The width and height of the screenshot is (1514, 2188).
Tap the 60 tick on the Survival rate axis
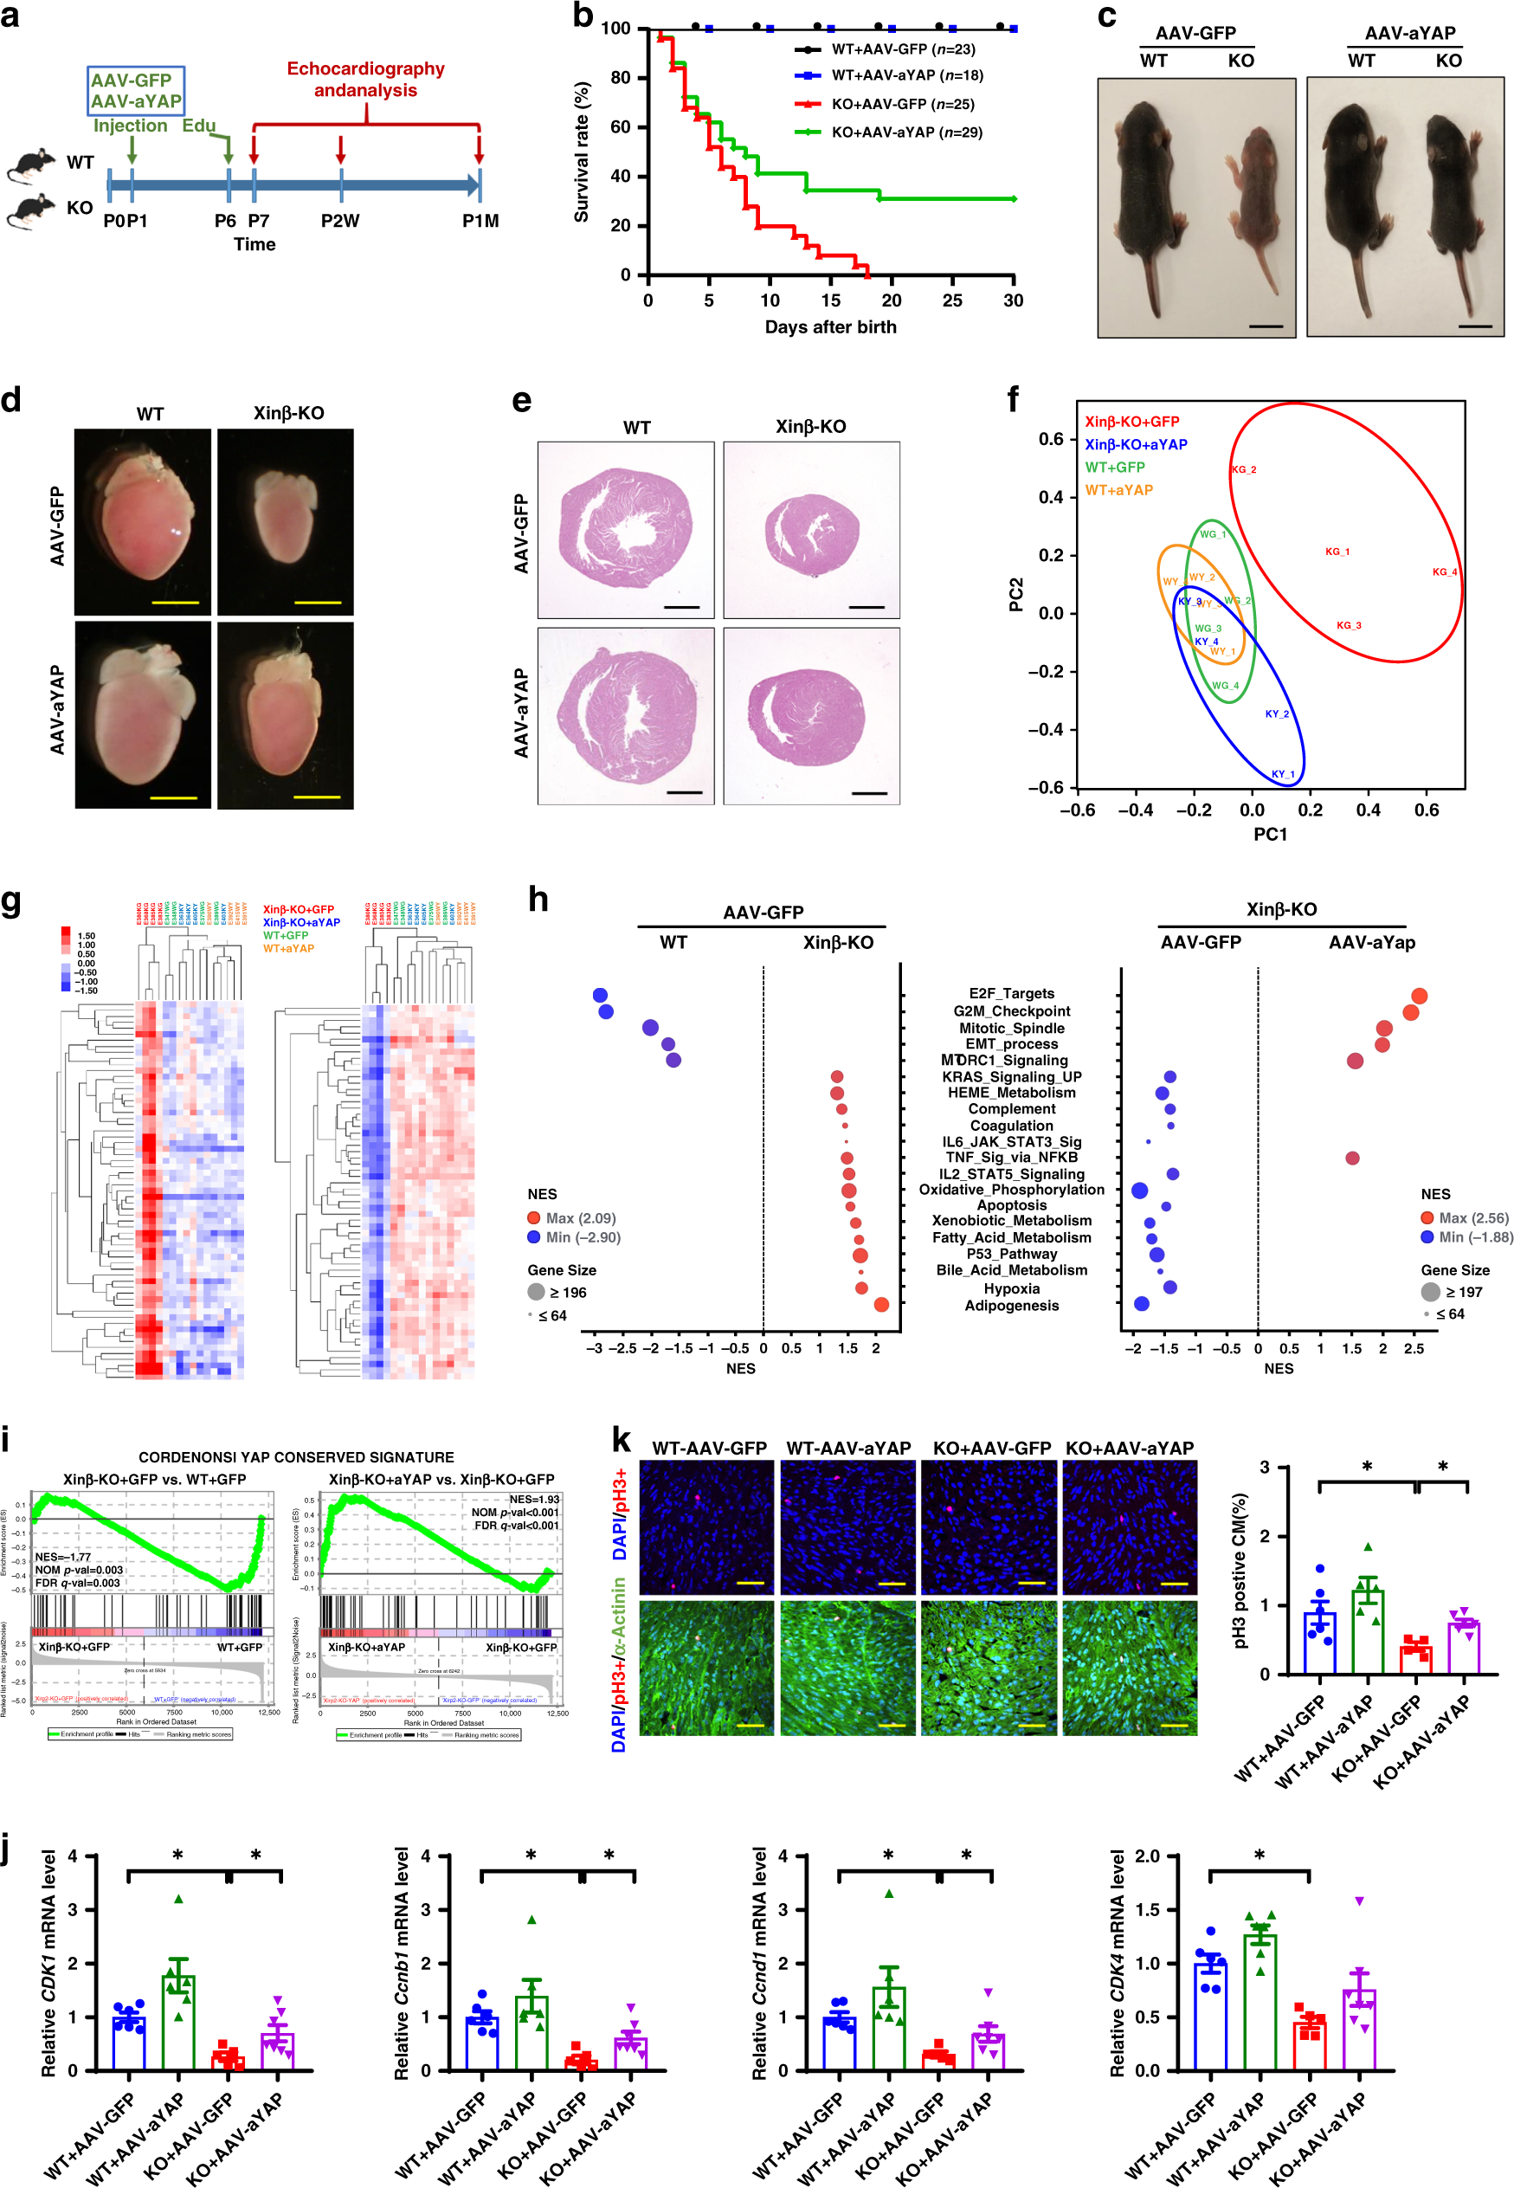tap(620, 127)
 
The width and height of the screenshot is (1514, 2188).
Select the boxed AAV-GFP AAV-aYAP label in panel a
tap(136, 91)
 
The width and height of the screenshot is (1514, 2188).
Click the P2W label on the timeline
tap(339, 221)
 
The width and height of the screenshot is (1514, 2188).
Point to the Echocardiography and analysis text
tap(365, 80)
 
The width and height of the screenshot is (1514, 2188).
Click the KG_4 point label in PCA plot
tap(1444, 572)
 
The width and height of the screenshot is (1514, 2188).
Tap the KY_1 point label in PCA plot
tap(1283, 774)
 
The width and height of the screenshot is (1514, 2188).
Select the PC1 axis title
tap(1270, 834)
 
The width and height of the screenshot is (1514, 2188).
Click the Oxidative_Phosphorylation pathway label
tap(1011, 1190)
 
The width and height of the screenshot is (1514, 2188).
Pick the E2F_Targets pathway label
tap(1011, 993)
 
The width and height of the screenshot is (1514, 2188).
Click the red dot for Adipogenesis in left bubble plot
tap(880, 1305)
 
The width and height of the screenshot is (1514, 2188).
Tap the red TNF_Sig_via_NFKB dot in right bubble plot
tap(1352, 1158)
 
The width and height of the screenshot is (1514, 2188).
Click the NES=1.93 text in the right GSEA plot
tap(534, 1499)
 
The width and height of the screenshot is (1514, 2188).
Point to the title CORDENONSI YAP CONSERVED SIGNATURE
tap(296, 1457)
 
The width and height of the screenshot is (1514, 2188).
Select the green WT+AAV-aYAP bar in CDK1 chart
tap(178, 2021)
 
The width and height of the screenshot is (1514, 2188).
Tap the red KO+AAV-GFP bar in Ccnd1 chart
tap(938, 2060)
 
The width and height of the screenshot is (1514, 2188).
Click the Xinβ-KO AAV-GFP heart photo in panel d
tap(285, 522)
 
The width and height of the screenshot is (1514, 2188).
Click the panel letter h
tap(538, 899)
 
